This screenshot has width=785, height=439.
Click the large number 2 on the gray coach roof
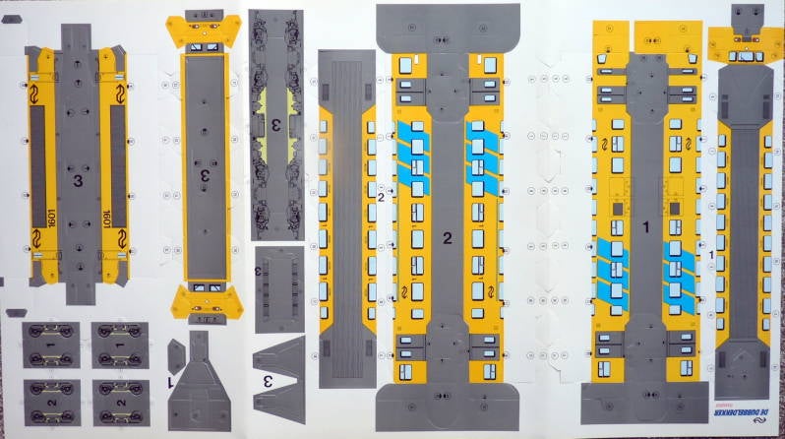[447, 238]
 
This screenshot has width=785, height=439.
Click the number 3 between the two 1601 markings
[77, 179]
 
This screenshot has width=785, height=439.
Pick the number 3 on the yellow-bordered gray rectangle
[205, 173]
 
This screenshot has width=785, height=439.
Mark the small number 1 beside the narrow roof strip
[711, 255]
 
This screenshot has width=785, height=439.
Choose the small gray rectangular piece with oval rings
[285, 282]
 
